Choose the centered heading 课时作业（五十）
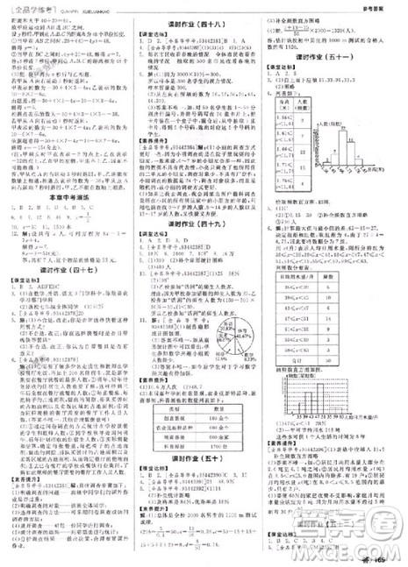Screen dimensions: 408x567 (204, 483)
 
